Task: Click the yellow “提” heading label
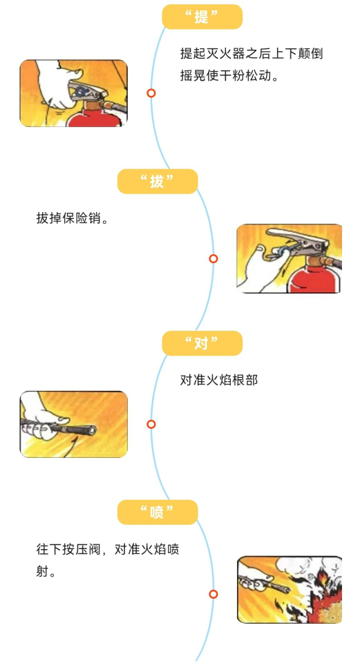202,17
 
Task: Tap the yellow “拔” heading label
158,182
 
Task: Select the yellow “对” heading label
202,343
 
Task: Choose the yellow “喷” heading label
158,512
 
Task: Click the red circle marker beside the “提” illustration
151,93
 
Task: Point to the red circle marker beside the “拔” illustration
214,258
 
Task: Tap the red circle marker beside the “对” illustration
151,424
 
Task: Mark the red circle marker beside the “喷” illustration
214,594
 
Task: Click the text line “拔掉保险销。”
73,219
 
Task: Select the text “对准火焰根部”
219,380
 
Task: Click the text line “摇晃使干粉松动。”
229,76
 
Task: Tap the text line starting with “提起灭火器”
252,54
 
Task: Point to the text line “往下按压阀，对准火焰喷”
108,549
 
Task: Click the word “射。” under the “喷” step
46,572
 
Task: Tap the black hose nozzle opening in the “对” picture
91,430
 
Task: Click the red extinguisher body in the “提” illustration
96,116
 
